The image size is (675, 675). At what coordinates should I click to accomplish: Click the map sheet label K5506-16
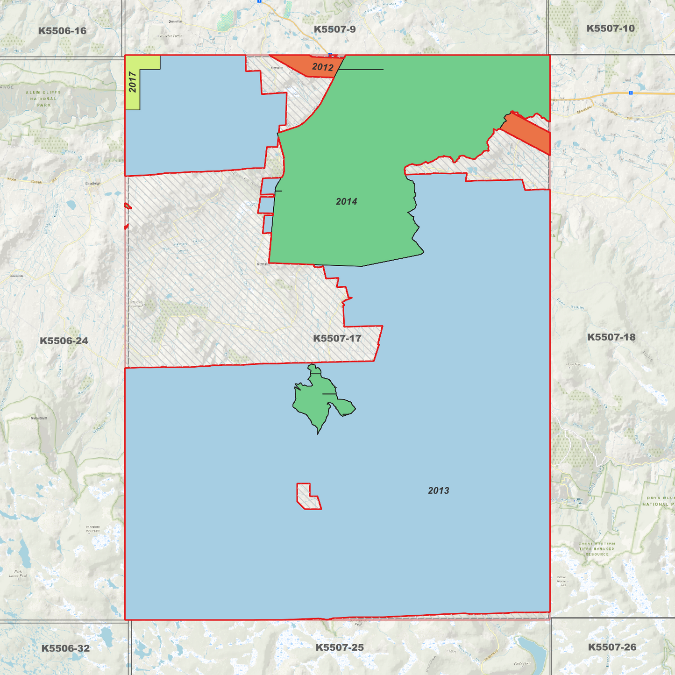[62, 31]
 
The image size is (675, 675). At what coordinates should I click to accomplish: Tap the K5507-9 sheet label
[334, 29]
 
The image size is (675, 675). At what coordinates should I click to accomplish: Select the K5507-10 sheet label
[611, 28]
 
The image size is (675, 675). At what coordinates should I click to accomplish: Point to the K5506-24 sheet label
[64, 341]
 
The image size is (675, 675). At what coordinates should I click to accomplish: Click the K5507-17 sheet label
[337, 338]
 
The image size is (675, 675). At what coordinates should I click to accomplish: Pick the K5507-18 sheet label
[611, 337]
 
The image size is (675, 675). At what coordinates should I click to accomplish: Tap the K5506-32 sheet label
[65, 648]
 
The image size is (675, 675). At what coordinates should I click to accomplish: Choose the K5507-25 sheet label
[339, 647]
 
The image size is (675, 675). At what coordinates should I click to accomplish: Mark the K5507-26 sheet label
[612, 647]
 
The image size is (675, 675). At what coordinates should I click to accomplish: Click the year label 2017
[133, 82]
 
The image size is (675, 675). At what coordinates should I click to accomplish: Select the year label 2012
[322, 67]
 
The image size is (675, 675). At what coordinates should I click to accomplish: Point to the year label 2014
[346, 201]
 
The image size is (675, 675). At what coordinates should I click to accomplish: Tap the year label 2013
[438, 490]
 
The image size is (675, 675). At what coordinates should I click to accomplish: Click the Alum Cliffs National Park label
[43, 99]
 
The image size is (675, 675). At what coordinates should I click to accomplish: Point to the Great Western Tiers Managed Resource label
[597, 549]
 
